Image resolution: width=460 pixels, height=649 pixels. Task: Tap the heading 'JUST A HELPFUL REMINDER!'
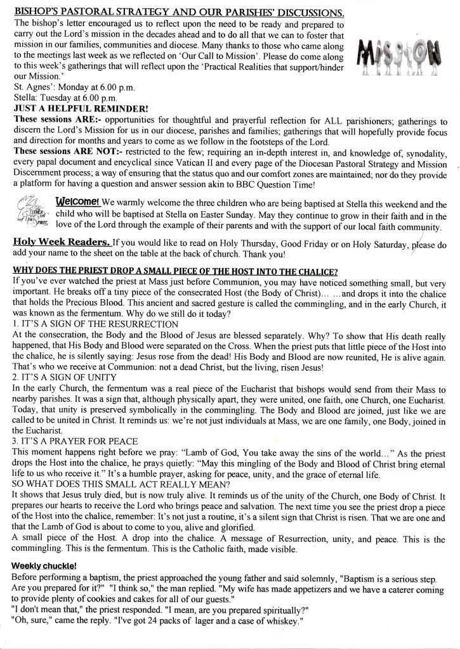click(x=80, y=108)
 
